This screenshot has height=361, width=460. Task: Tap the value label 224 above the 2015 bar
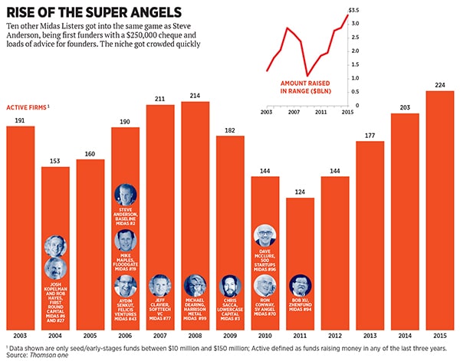tap(440, 85)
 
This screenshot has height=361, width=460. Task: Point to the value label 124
tap(300, 191)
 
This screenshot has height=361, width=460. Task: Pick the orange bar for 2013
tap(370, 230)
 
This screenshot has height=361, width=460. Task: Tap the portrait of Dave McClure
tap(264, 236)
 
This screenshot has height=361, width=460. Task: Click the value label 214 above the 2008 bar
tap(195, 96)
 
